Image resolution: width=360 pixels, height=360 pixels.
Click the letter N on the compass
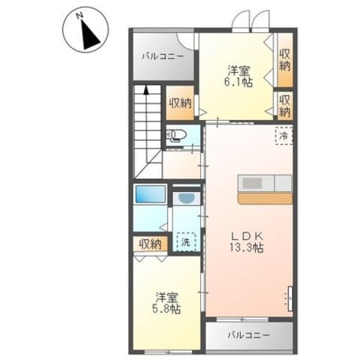[79, 16]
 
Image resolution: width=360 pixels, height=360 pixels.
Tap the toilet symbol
[177, 136]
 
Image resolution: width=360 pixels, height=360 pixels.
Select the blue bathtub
[151, 193]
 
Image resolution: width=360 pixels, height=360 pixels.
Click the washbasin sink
[187, 199]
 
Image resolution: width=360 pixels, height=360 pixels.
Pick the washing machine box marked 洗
[186, 241]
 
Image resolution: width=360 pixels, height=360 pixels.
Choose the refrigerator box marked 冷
[283, 136]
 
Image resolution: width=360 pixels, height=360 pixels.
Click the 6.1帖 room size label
[238, 82]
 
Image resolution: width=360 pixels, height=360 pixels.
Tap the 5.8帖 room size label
[166, 310]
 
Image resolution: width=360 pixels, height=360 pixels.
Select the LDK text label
[246, 235]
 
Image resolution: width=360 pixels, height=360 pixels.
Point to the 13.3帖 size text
[247, 247]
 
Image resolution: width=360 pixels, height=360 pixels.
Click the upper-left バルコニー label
[163, 56]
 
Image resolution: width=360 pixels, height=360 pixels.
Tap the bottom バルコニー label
[249, 334]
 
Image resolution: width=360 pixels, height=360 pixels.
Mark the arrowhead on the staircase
[146, 90]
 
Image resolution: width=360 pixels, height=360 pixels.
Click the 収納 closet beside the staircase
[180, 103]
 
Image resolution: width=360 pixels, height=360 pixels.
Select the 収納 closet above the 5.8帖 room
[150, 244]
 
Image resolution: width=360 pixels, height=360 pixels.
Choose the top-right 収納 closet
[285, 60]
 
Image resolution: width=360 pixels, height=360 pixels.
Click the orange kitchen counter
[265, 198]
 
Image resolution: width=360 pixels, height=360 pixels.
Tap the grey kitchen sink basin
[252, 183]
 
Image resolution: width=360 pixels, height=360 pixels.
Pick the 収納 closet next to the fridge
[285, 105]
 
